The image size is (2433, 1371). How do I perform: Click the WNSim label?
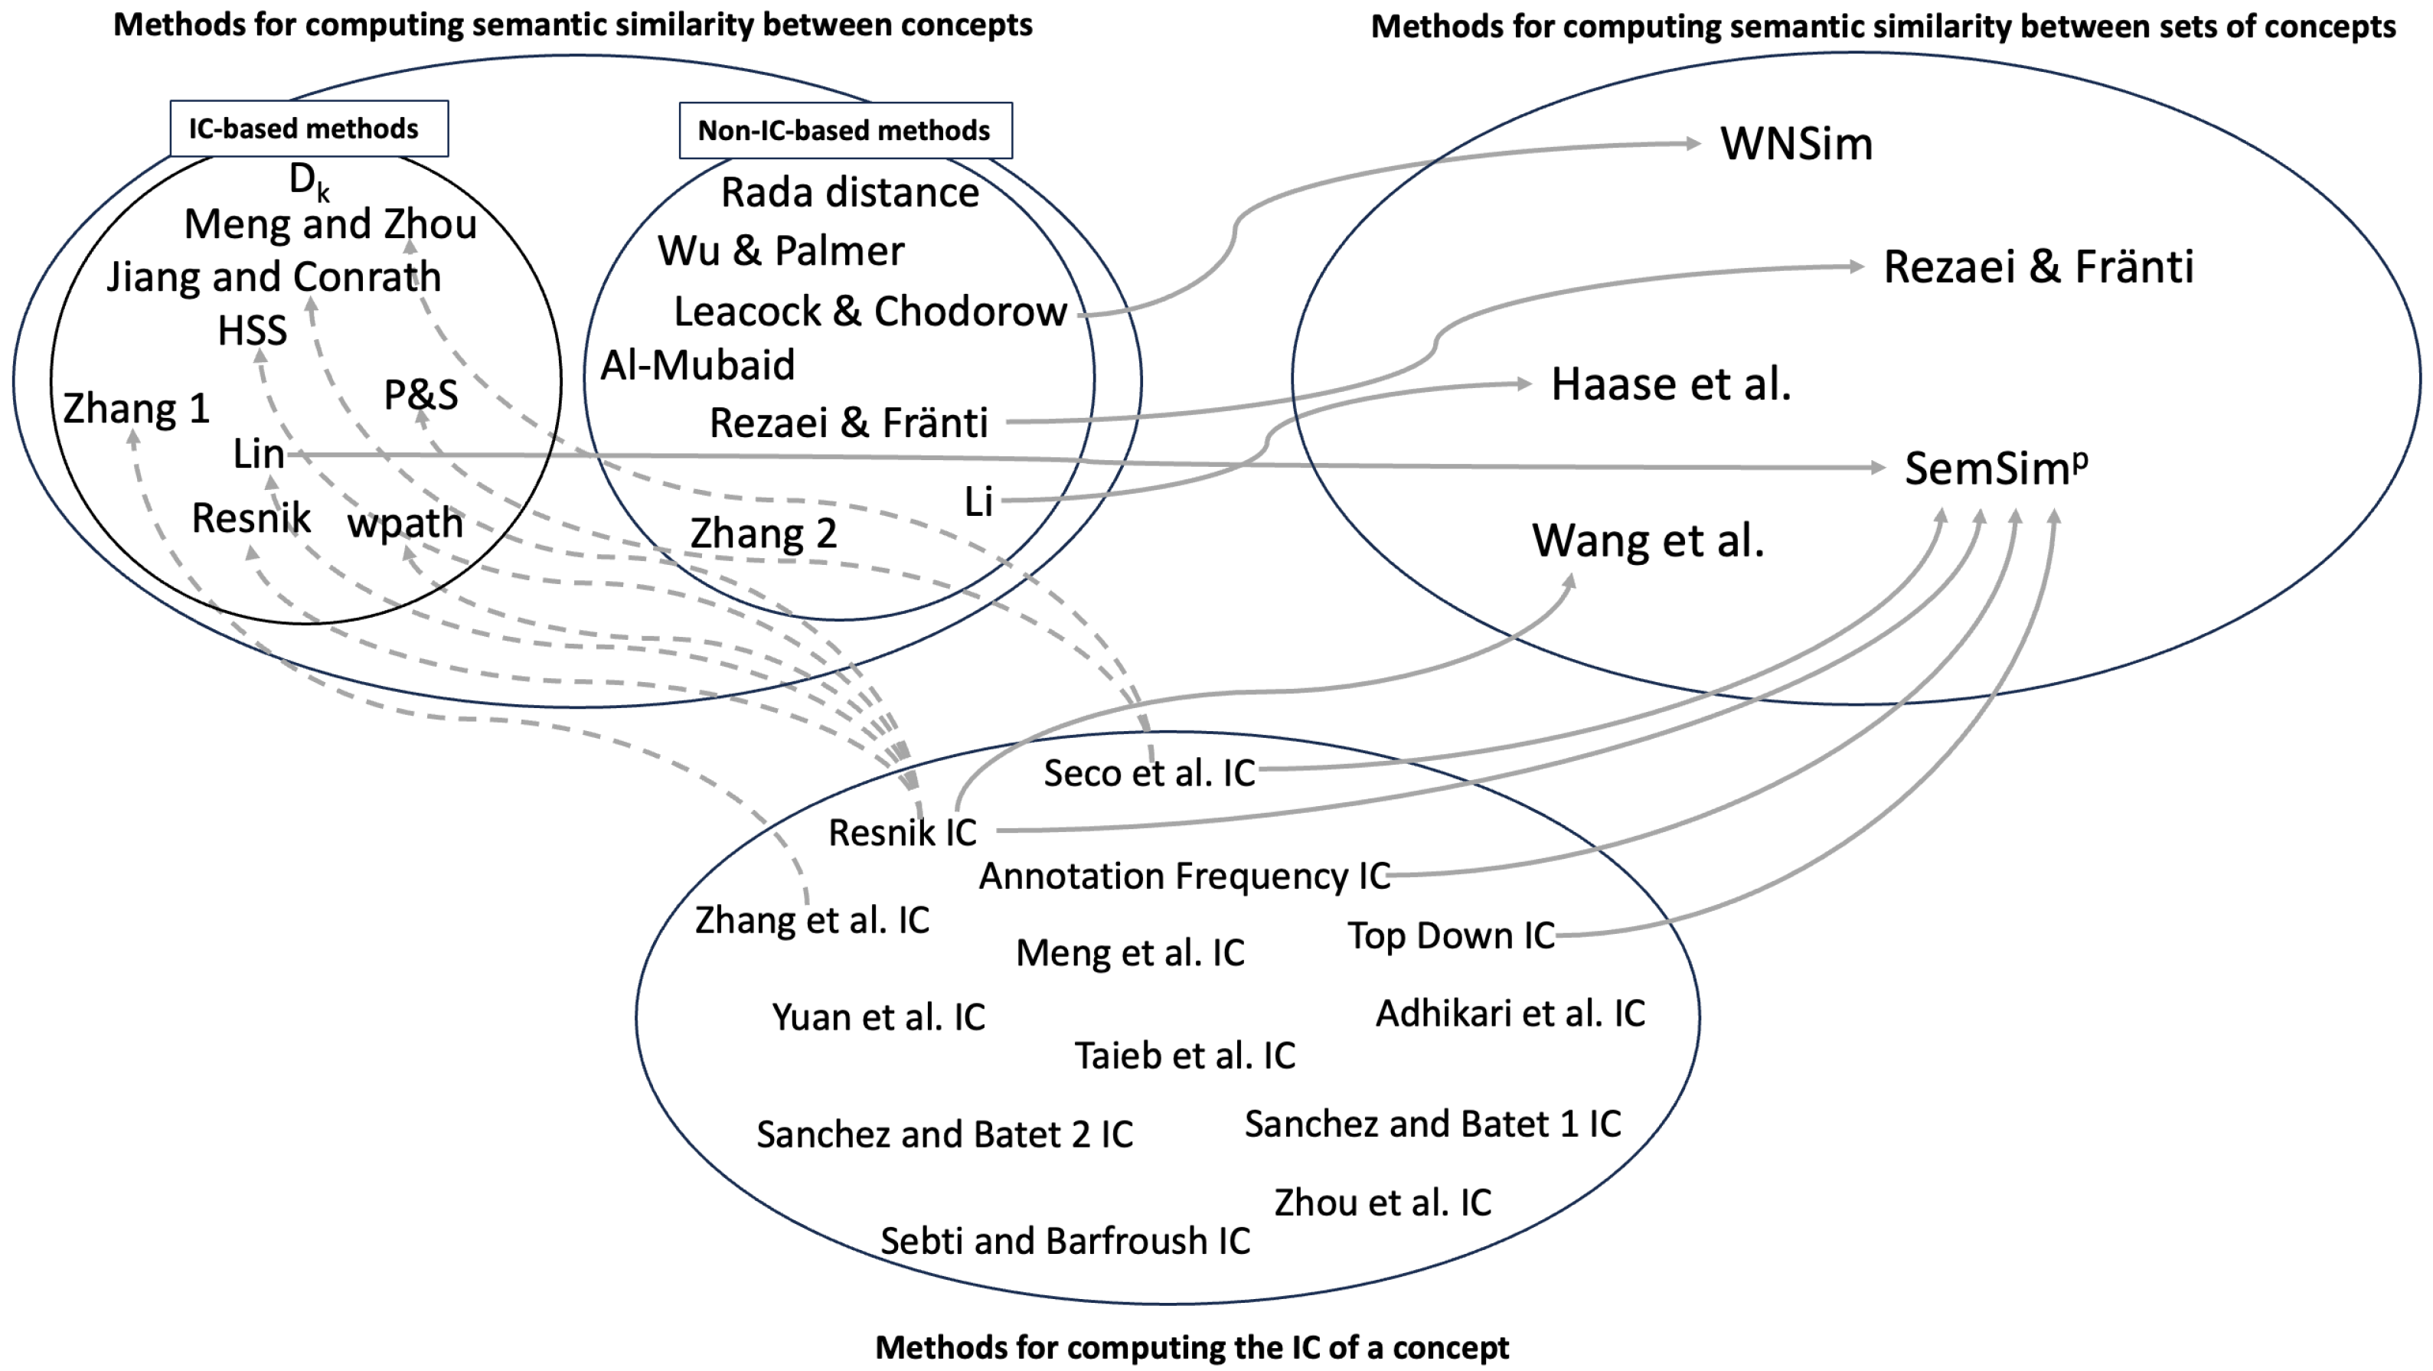pos(1795,145)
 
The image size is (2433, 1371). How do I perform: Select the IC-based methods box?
pos(308,129)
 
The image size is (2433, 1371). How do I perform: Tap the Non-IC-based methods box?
pos(844,130)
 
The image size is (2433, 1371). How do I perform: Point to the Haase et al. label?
pos(1670,384)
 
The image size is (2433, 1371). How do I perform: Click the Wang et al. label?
pos(1648,541)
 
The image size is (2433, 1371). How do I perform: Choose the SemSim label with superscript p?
pos(1995,468)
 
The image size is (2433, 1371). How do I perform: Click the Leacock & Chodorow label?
pos(869,312)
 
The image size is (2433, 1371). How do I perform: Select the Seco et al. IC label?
pos(1148,773)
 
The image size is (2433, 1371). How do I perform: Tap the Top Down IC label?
pos(1450,935)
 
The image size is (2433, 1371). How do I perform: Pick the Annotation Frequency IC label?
pos(1184,876)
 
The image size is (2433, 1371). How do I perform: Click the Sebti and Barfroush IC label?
pos(1064,1241)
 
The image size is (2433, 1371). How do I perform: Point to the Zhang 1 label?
pos(136,409)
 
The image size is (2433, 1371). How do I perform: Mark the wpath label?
pos(405,522)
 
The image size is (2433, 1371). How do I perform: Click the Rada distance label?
pos(849,193)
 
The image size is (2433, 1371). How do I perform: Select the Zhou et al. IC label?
pos(1382,1202)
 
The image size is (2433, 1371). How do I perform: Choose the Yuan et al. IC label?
pos(877,1017)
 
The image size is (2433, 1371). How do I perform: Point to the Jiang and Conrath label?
pos(274,276)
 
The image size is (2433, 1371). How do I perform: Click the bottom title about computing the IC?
pos(1191,1347)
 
